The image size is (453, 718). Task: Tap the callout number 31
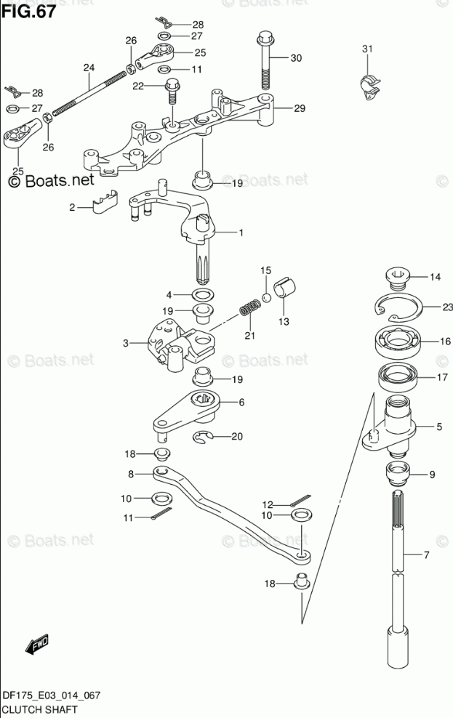click(x=367, y=49)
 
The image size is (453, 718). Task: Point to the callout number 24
click(x=89, y=68)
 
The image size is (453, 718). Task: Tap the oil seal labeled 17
click(x=398, y=377)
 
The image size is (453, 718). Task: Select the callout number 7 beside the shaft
click(x=427, y=556)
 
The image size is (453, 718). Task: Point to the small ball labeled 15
click(x=267, y=297)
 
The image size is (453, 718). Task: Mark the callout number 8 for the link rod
click(x=131, y=474)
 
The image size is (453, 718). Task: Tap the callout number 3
click(x=125, y=343)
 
